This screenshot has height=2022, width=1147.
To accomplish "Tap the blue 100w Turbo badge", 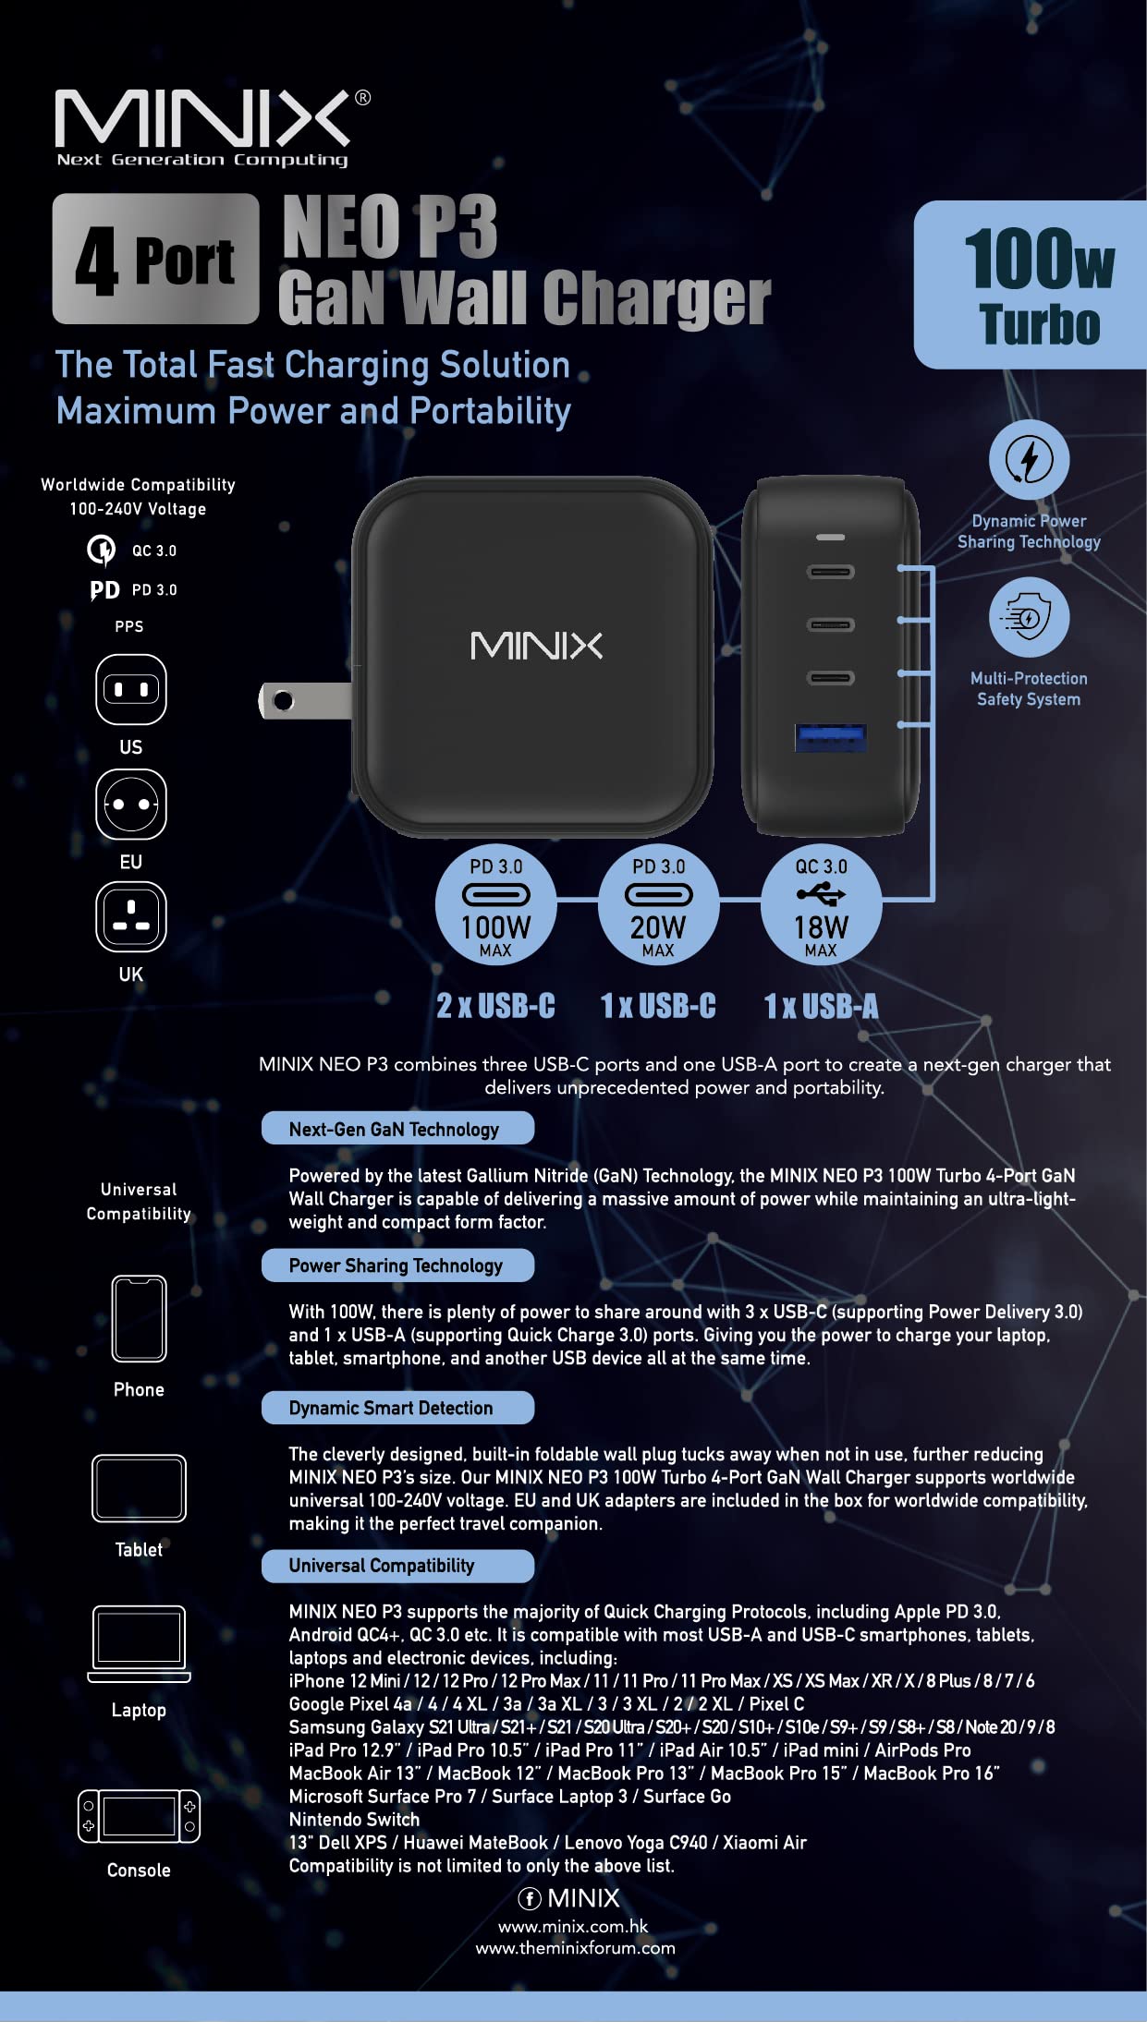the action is click(x=1031, y=285).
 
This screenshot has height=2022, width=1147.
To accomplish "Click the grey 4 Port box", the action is click(x=155, y=259).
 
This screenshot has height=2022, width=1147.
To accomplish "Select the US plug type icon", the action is click(x=131, y=689).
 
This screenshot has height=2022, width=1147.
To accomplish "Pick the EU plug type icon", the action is click(x=131, y=804).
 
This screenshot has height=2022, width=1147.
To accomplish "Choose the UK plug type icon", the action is click(x=131, y=916).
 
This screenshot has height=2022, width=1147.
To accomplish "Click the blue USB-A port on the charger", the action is click(x=831, y=737).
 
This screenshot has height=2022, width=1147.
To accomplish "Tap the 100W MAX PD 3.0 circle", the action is click(x=495, y=904).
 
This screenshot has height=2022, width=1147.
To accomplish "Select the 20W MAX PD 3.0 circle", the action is click(x=658, y=904).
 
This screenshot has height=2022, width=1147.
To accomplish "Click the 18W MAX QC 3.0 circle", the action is click(x=821, y=904).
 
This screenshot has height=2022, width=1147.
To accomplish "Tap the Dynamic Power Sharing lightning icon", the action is click(x=1029, y=460).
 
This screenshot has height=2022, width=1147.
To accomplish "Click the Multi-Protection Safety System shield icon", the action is click(x=1029, y=617).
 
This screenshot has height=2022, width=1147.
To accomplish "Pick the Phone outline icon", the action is click(x=139, y=1319).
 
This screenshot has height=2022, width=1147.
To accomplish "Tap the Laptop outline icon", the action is click(x=139, y=1644).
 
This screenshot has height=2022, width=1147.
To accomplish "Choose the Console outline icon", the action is click(x=139, y=1816).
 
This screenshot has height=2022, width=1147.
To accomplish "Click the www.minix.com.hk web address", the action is click(x=573, y=1926).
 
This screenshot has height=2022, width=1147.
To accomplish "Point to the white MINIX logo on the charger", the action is click(x=536, y=646).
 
